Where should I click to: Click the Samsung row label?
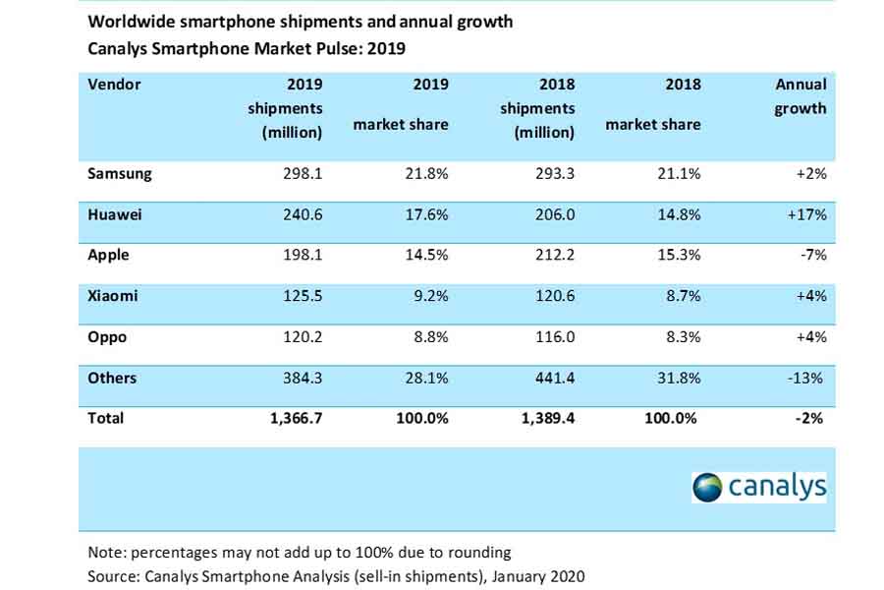[x=120, y=173]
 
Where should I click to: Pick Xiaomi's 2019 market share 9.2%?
[x=428, y=296]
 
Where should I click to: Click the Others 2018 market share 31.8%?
[x=678, y=378]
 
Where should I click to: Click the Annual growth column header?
[x=801, y=96]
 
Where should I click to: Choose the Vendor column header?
[x=115, y=85]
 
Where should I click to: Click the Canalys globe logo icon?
[x=707, y=486]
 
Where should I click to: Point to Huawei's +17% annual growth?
[x=807, y=214]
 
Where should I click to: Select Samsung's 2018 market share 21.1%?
[x=678, y=173]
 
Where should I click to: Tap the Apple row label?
[x=109, y=256]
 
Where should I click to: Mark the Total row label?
[x=106, y=418]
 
